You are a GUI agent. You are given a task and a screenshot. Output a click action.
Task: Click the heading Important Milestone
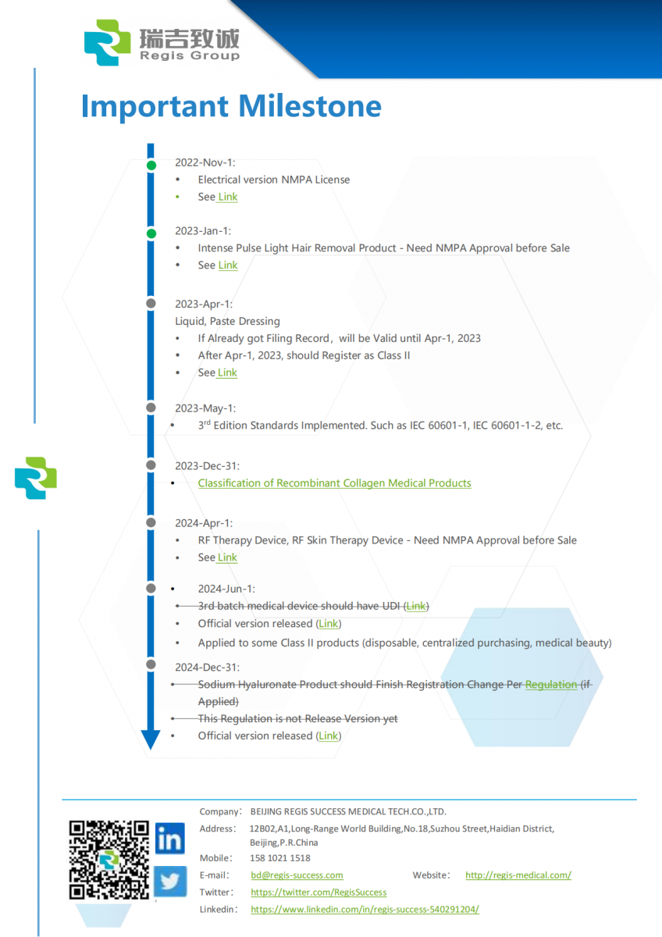point(231,106)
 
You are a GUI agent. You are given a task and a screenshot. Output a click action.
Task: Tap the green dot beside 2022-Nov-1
point(151,165)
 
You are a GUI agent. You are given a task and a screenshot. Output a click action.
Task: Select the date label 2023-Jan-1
point(203,231)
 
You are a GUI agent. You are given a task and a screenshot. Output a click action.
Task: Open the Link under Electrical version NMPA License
point(228,197)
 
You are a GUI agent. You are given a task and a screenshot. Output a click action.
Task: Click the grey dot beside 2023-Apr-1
point(151,302)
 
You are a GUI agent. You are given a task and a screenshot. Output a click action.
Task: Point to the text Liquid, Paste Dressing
point(227,321)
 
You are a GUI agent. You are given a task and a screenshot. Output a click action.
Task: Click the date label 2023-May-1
point(205,408)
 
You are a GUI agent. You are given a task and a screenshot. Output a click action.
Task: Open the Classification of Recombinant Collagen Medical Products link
point(334,483)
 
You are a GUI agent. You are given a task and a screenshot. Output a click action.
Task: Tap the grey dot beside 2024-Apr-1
point(151,521)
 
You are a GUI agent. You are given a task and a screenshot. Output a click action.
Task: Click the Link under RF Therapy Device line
point(228,558)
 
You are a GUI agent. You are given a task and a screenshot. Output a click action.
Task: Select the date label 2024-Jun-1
point(226,589)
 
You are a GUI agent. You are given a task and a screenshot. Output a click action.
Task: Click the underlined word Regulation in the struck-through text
point(551,685)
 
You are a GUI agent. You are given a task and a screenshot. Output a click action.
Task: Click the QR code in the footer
point(109,859)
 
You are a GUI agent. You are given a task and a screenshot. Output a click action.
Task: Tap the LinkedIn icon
point(169,838)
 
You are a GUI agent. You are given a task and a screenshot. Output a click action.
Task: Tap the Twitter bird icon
point(169,882)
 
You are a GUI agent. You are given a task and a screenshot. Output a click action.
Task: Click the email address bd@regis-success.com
point(297,875)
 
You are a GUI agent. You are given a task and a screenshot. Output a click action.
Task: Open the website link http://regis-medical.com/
point(518,875)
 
